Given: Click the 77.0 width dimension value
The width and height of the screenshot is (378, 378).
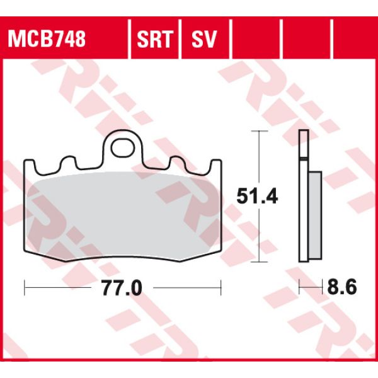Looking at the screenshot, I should click(121, 289).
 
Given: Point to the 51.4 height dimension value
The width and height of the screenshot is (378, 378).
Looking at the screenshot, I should click(257, 197).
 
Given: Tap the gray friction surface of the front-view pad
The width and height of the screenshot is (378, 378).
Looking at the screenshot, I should click(123, 211).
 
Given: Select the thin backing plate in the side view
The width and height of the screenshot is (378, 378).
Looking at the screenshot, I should click(303, 195).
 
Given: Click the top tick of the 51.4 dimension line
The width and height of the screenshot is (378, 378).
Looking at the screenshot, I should click(256, 131).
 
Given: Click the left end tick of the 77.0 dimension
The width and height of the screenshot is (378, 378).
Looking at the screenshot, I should click(25, 288).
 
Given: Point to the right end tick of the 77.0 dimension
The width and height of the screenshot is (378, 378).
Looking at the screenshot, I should click(222, 288).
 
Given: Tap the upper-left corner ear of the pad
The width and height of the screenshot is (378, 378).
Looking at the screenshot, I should click(30, 165).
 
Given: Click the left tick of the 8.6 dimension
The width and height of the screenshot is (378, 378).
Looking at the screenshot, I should click(299, 288).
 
